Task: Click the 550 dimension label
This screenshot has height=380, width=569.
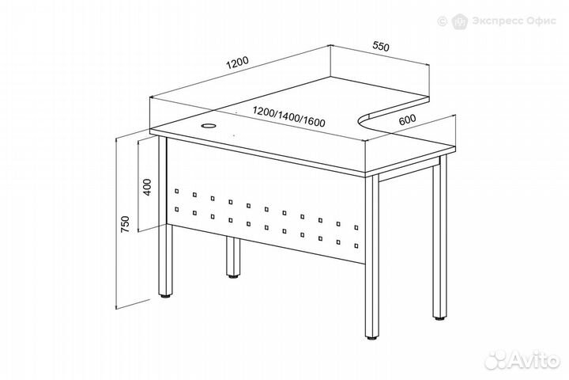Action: pyautogui.click(x=381, y=47)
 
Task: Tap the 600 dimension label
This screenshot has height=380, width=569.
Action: pyautogui.click(x=407, y=120)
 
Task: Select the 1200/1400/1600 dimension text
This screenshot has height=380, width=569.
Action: pyautogui.click(x=289, y=116)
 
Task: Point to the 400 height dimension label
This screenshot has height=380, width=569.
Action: pyautogui.click(x=147, y=187)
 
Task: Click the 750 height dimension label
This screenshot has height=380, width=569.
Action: pyautogui.click(x=125, y=224)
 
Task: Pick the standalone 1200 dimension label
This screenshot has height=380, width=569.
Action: pyautogui.click(x=238, y=63)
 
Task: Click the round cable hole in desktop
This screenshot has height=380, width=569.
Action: pyautogui.click(x=209, y=126)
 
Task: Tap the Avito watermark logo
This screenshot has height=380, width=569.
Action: pyautogui.click(x=522, y=359)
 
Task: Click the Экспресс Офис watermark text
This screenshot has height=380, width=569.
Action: pyautogui.click(x=514, y=21)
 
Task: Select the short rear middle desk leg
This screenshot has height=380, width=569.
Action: pyautogui.click(x=233, y=257)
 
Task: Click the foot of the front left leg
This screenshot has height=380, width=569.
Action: pyautogui.click(x=166, y=296)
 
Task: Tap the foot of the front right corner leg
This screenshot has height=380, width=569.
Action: pyautogui.click(x=371, y=337)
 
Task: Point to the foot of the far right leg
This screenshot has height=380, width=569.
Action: pyautogui.click(x=440, y=318)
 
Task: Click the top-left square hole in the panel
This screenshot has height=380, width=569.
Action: pyautogui.click(x=177, y=190)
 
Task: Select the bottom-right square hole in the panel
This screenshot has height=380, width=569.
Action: pyautogui.click(x=356, y=246)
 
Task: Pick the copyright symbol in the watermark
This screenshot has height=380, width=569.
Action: pyautogui.click(x=442, y=21)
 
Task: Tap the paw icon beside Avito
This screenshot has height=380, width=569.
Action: pyautogui.click(x=496, y=360)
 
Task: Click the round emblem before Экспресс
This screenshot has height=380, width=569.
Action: pyautogui.click(x=459, y=21)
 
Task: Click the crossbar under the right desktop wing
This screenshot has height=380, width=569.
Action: pyautogui.click(x=406, y=172)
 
